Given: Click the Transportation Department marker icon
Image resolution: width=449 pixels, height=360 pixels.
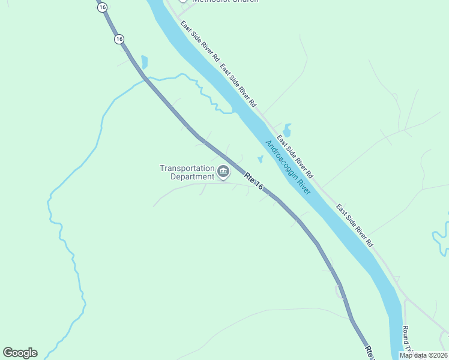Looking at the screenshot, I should (x=223, y=172).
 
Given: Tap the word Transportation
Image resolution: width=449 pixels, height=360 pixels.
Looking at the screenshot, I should (x=187, y=168).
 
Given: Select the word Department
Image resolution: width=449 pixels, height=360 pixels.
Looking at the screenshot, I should (x=192, y=176).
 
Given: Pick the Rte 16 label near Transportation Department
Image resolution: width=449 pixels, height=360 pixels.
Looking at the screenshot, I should (x=254, y=182).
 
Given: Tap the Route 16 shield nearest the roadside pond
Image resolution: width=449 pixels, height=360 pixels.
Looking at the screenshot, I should (x=119, y=39).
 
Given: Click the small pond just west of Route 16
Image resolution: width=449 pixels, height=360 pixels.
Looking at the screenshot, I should (x=144, y=61).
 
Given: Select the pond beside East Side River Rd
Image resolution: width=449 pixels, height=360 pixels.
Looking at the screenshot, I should (x=287, y=130).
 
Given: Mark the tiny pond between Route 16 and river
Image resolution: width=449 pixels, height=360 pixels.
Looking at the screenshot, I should (x=260, y=159).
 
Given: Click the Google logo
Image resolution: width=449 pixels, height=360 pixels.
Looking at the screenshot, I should (x=20, y=352).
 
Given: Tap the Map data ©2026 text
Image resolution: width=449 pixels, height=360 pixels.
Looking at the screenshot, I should (x=423, y=355).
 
